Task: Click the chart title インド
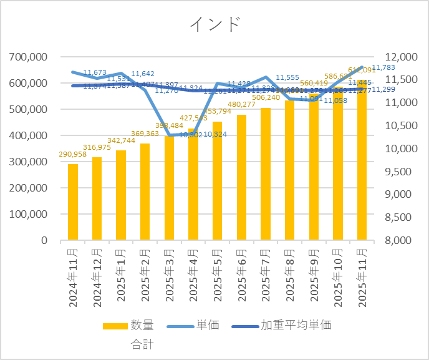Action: (214, 24)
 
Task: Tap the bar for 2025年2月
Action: (145, 192)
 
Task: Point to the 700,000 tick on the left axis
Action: (29, 57)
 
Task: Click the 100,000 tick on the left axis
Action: (29, 214)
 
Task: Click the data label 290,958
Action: (73, 154)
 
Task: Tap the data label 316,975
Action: (97, 147)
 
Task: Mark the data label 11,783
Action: (383, 67)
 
